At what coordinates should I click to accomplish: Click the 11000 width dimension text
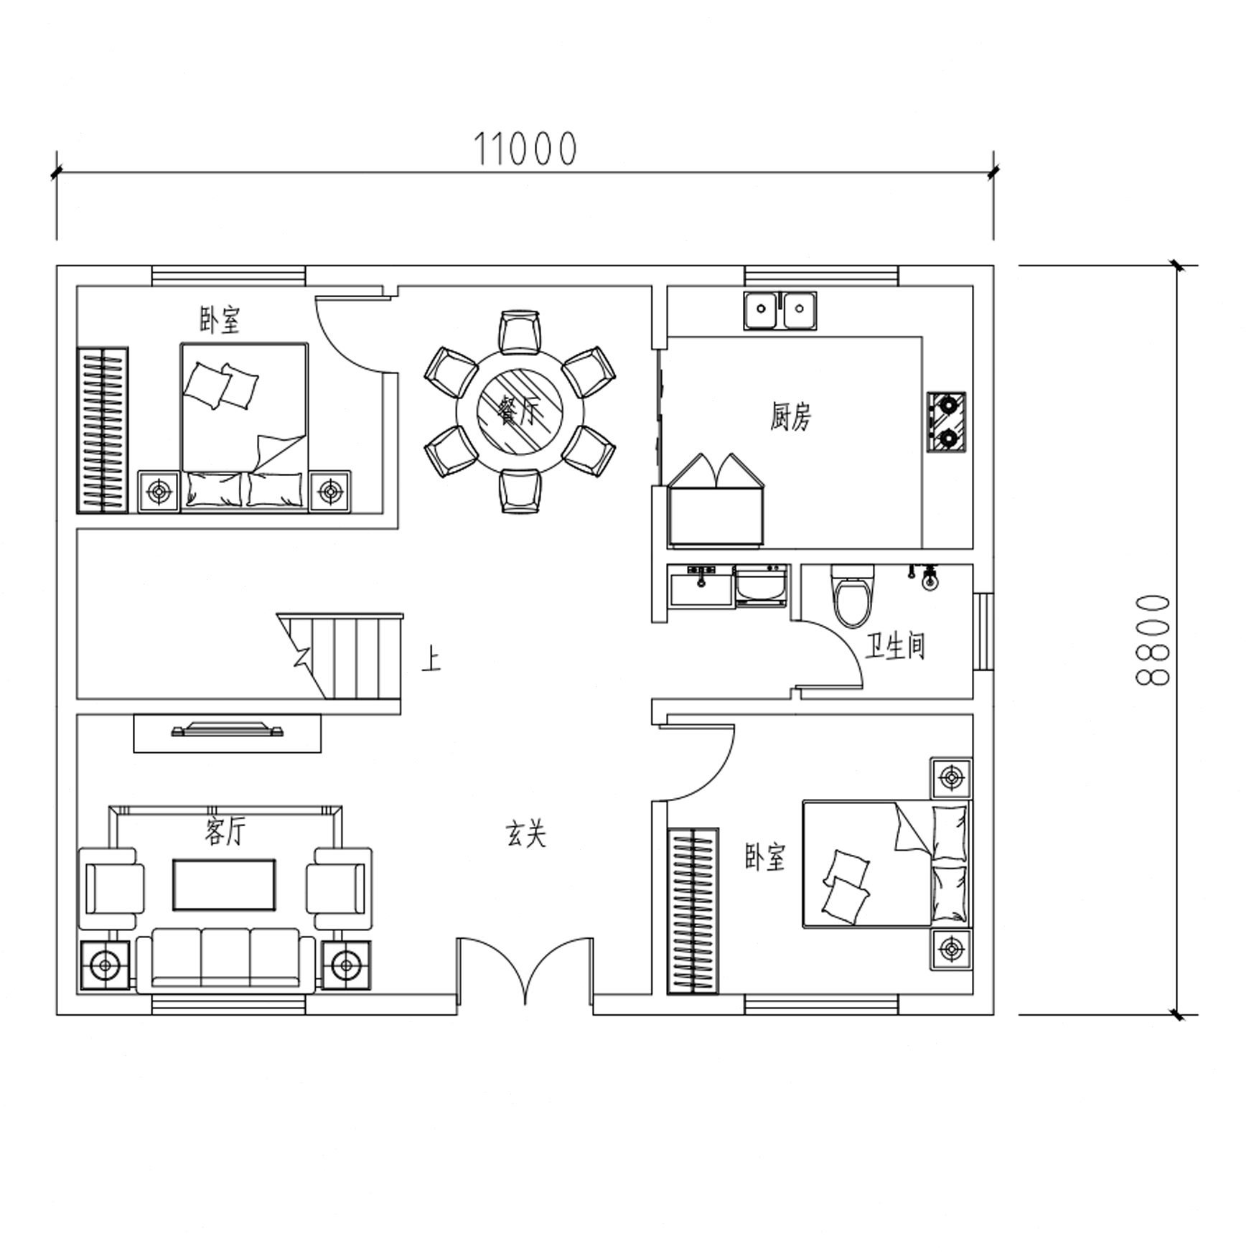[525, 149]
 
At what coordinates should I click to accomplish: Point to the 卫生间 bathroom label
[895, 646]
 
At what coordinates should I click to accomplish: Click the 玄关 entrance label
[526, 834]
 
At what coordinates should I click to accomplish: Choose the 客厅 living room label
[225, 832]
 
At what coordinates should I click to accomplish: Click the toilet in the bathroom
[853, 595]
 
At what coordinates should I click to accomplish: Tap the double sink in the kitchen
[780, 311]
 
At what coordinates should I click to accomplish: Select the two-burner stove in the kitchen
[946, 422]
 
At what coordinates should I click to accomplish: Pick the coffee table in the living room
[224, 885]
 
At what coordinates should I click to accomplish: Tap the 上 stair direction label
[431, 659]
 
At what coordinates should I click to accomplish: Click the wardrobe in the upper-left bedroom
[103, 430]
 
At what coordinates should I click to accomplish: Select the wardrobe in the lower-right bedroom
[693, 911]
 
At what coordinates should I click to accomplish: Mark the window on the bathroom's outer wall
[983, 632]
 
